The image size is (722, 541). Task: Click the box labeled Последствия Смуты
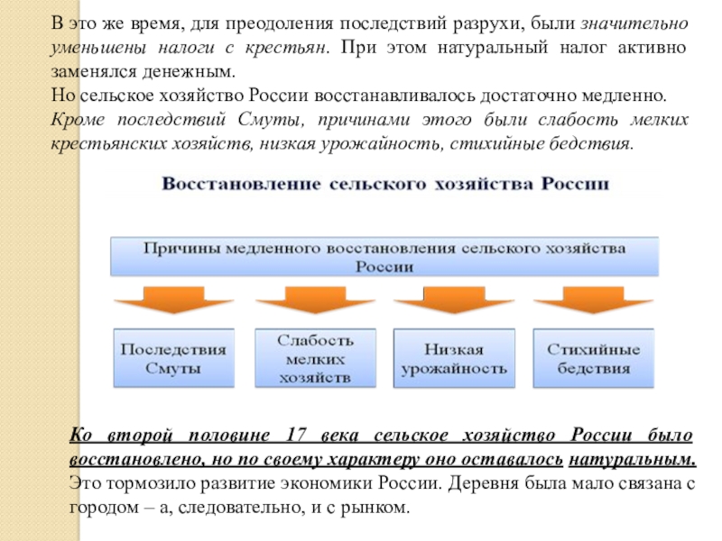(173, 358)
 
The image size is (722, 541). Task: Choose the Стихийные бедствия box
(594, 358)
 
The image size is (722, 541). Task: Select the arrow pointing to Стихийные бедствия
(594, 300)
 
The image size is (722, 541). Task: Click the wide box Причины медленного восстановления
(384, 256)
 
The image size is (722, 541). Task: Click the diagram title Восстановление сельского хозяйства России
(385, 184)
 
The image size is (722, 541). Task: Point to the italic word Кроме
(93, 120)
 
